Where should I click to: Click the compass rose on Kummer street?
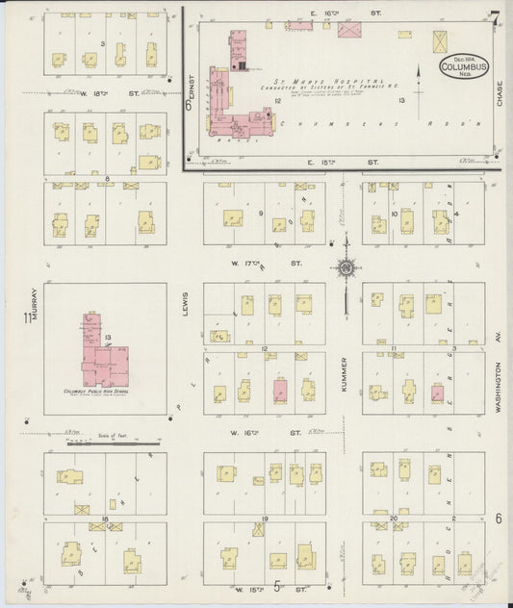pyautogui.click(x=346, y=269)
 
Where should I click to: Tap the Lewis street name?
pyautogui.click(x=184, y=305)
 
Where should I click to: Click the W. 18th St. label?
pyautogui.click(x=97, y=93)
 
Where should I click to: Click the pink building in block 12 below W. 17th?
pyautogui.click(x=281, y=390)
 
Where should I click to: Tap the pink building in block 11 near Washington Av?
pyautogui.click(x=437, y=393)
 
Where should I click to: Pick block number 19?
pyautogui.click(x=264, y=520)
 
